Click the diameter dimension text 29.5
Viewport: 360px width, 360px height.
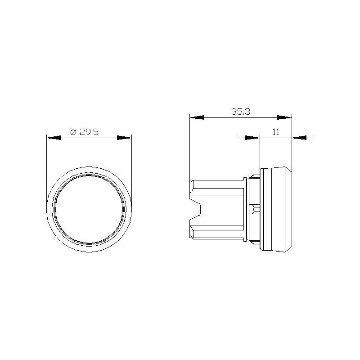(90, 132)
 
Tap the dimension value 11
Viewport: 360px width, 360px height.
(276, 132)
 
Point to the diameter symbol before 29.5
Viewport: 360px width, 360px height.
(74, 132)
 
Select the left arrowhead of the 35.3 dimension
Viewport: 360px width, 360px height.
(197, 117)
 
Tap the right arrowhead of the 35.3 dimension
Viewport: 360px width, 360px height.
(284, 117)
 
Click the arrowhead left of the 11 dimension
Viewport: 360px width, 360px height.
(253, 138)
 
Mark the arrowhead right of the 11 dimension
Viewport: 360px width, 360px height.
(300, 138)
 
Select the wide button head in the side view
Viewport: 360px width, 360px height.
(275, 210)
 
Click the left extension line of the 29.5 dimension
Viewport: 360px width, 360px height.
(47, 171)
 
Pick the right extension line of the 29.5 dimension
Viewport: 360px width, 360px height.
(131, 171)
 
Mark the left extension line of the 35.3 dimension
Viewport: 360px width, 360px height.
(190, 148)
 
